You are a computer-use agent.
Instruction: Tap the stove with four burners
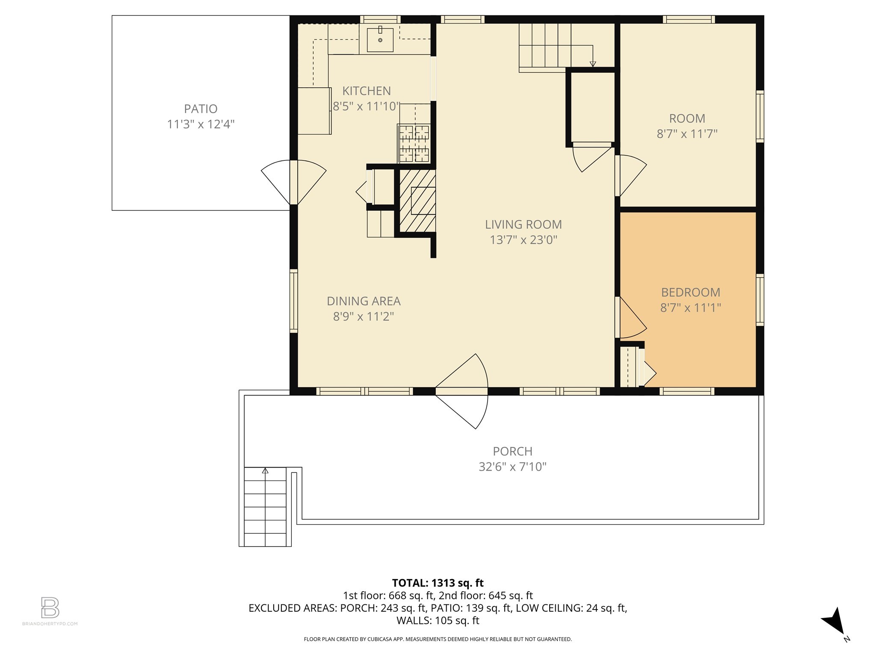414,144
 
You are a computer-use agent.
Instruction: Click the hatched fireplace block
417,201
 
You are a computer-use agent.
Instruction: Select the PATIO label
201,109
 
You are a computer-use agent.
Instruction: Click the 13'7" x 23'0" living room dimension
523,240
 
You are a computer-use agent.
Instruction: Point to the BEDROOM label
690,293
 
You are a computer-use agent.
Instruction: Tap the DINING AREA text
364,301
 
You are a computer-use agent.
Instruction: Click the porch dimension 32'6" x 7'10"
512,467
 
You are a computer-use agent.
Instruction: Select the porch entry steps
265,507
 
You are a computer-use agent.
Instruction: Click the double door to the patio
293,182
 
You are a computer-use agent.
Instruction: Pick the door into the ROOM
630,175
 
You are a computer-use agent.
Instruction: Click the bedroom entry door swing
630,317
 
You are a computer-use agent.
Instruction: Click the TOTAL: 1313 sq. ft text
438,583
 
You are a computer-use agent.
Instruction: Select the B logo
50,607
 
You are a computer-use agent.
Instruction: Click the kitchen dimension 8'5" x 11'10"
367,107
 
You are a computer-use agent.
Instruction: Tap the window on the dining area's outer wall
293,301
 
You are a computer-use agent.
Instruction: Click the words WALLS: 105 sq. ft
438,621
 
